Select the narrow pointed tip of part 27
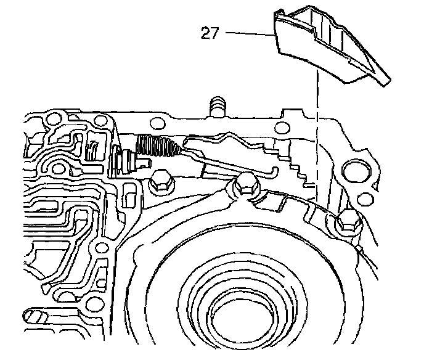pyautogui.click(x=385, y=80)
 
